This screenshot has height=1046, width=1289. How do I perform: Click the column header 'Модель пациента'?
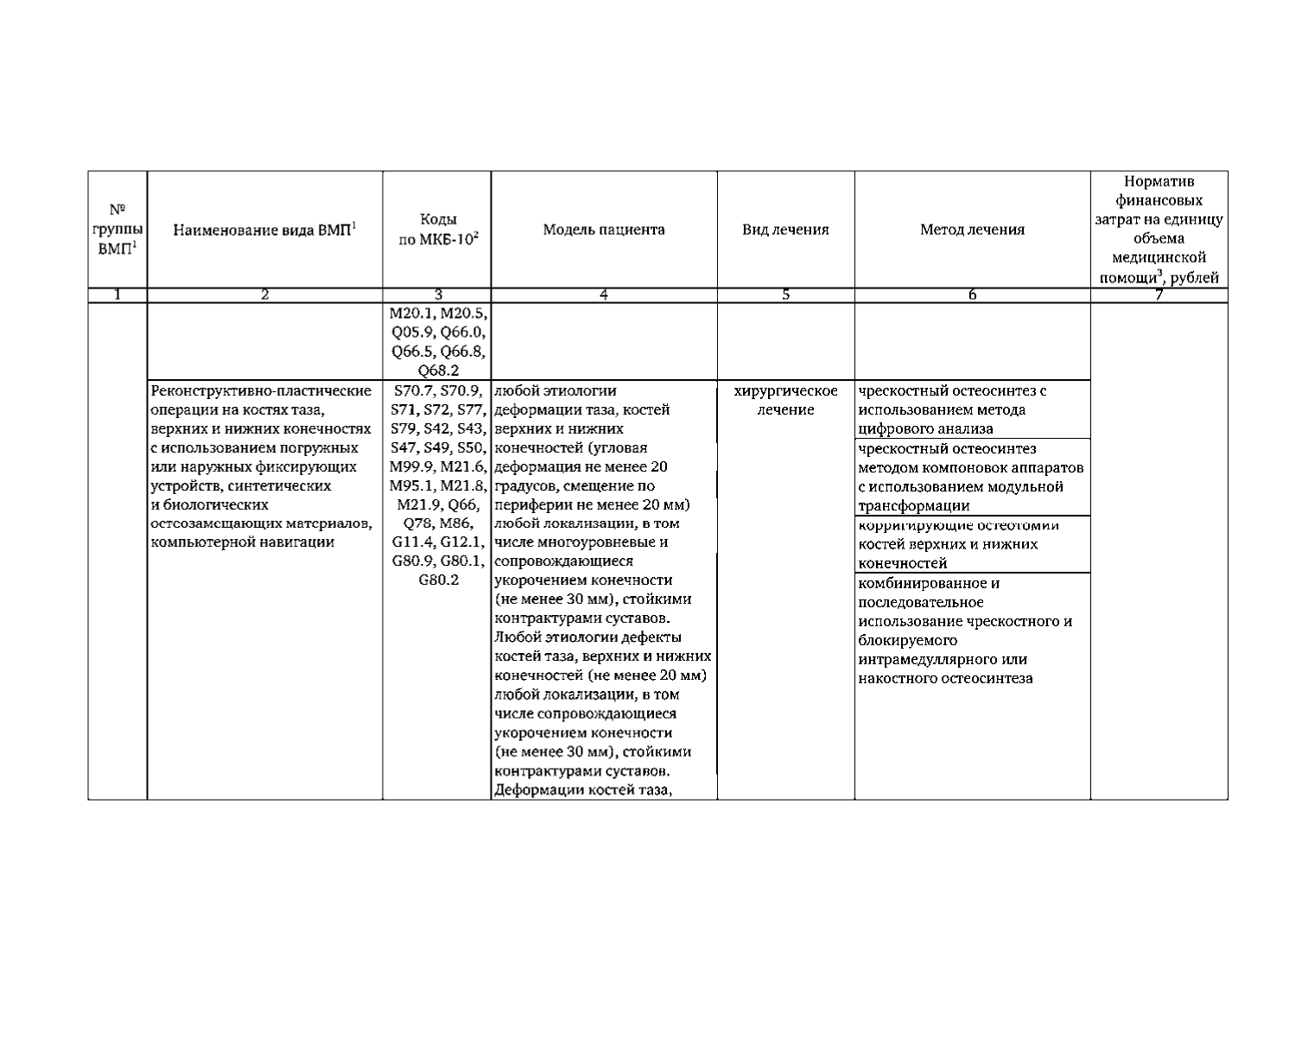pos(604,230)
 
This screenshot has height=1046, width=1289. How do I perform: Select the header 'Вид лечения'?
pos(785,230)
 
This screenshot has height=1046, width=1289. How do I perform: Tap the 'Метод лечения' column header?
pos(972,230)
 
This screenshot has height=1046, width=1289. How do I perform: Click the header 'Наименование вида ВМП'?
pos(265,230)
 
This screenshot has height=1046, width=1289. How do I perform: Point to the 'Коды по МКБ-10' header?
pos(438,230)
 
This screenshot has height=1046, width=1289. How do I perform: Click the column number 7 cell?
pos(1159,295)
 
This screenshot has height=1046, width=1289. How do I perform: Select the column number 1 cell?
pos(117,295)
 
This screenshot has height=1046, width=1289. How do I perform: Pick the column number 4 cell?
pos(604,295)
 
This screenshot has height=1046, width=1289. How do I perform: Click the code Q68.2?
pos(438,371)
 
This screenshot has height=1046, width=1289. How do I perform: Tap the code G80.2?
pos(438,580)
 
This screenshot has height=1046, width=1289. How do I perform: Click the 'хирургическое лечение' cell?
pos(785,400)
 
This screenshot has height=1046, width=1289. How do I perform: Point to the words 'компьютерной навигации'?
pos(242,542)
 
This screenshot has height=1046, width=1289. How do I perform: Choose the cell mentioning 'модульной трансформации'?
pos(971,477)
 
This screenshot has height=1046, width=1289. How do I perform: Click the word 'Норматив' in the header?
pos(1159,181)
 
